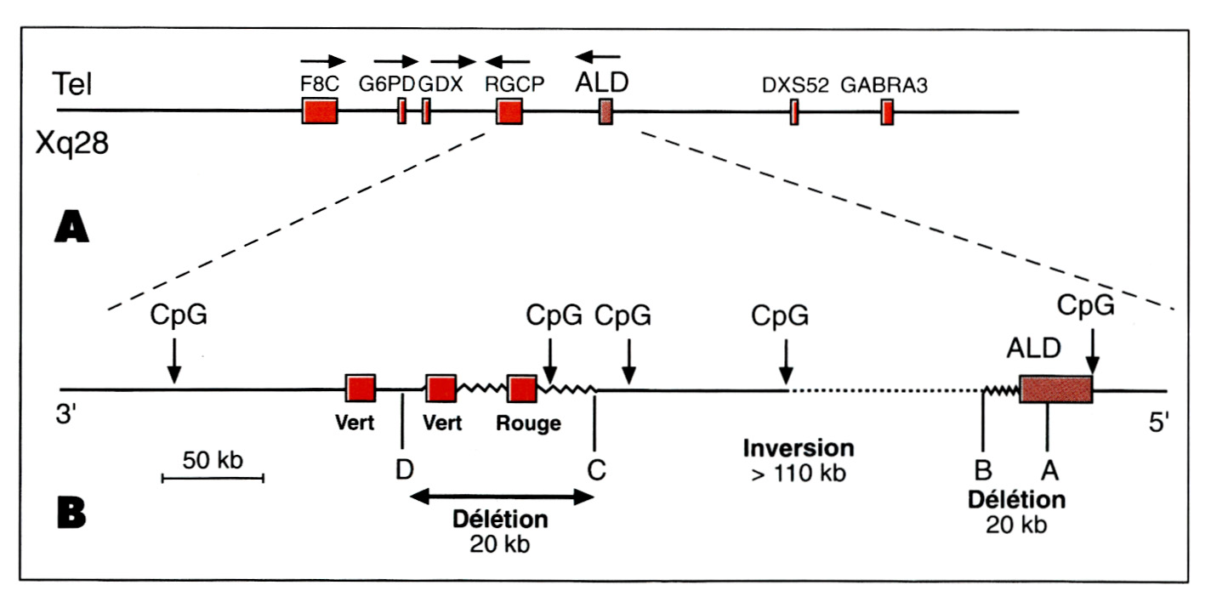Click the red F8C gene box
coord(320,111)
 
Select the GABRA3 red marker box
coord(887,111)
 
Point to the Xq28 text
coord(71,142)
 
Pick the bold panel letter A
coord(71,229)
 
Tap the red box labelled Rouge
coord(522,389)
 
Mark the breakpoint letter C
coord(596,469)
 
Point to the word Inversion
coord(799,447)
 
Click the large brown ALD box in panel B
coord(1055,389)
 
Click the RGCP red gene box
coord(509,111)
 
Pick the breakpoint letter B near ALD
coord(982,469)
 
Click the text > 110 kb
coord(799,473)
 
